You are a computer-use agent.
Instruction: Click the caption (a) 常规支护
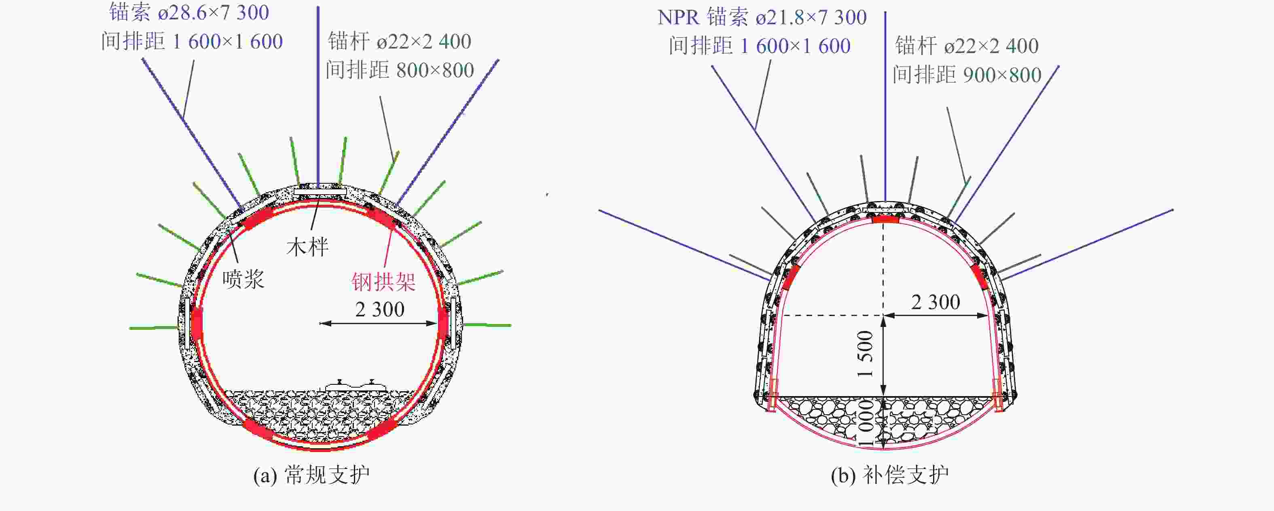[311, 475]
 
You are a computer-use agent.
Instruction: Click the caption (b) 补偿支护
[890, 475]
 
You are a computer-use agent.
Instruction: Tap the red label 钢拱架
[383, 282]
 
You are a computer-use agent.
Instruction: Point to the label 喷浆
[243, 279]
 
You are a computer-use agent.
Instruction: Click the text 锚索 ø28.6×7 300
[189, 13]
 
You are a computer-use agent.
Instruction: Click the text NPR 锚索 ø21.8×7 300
[762, 17]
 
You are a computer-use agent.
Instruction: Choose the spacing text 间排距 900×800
[967, 75]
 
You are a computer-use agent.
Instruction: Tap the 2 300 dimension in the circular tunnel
[380, 309]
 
